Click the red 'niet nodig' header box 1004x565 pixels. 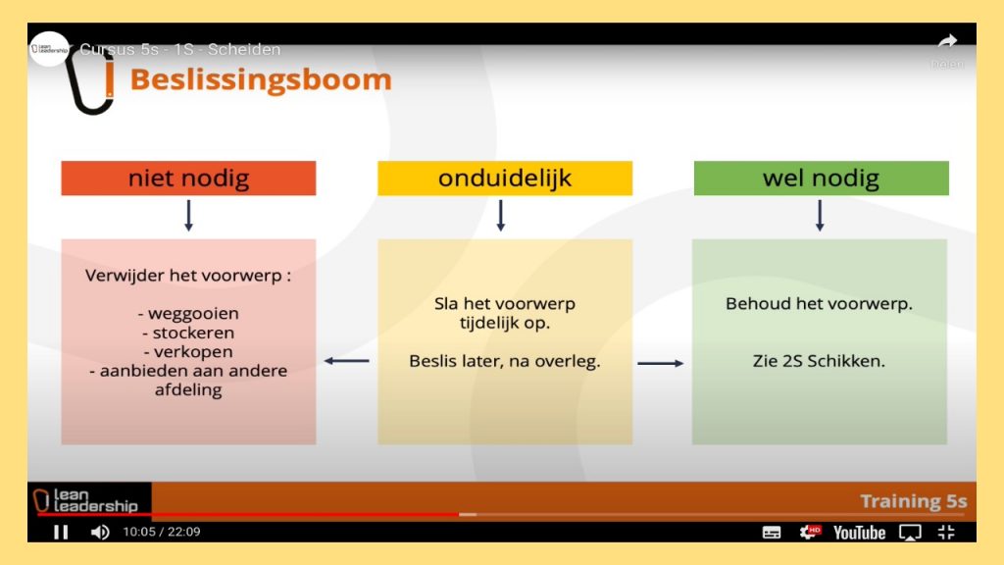point(188,179)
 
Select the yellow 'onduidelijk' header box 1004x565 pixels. point(505,179)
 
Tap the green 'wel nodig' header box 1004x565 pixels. point(821,179)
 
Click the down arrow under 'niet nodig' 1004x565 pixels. point(188,215)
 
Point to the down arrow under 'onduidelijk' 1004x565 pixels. point(501,215)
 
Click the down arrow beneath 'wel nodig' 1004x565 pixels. point(820,215)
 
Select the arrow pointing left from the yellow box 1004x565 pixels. point(346,361)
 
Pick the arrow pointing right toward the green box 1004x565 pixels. point(660,363)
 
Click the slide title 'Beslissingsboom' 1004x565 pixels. point(261,80)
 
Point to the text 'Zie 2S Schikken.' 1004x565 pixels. point(819,361)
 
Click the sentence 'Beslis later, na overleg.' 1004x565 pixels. point(505,361)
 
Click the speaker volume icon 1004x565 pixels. point(100,533)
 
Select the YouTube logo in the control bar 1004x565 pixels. point(859,533)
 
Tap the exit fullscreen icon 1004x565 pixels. point(946,532)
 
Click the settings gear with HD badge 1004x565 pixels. point(809,532)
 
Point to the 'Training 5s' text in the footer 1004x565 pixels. point(913,501)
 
